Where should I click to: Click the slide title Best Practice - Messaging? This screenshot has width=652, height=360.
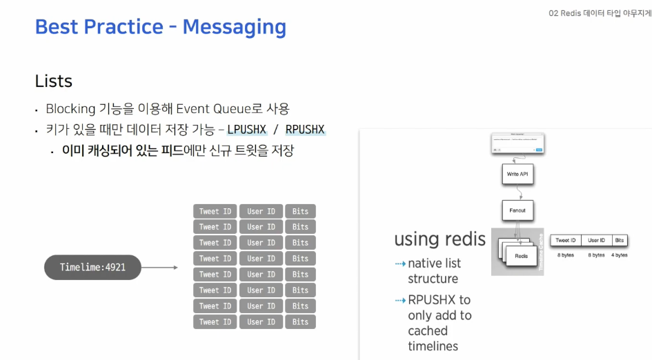pos(160,27)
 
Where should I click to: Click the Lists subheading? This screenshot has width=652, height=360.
pos(54,81)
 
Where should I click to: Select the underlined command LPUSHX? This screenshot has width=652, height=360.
pos(246,130)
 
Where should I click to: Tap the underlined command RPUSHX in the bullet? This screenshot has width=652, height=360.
pos(305,130)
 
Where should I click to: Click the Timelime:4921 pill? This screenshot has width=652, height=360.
pos(92,267)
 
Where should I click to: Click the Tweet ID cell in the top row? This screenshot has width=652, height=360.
pos(215,211)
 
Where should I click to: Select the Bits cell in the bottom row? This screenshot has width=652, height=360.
pos(300,322)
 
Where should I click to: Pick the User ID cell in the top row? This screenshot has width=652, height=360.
pos(261,211)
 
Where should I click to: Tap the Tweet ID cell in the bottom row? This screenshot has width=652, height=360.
pos(215,322)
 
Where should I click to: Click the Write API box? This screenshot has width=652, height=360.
pos(517,174)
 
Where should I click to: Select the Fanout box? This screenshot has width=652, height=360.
pos(517,210)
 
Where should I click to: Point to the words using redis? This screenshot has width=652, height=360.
pos(439,239)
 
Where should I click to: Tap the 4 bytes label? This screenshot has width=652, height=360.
pos(620,255)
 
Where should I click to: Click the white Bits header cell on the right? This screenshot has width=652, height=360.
pos(620,241)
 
